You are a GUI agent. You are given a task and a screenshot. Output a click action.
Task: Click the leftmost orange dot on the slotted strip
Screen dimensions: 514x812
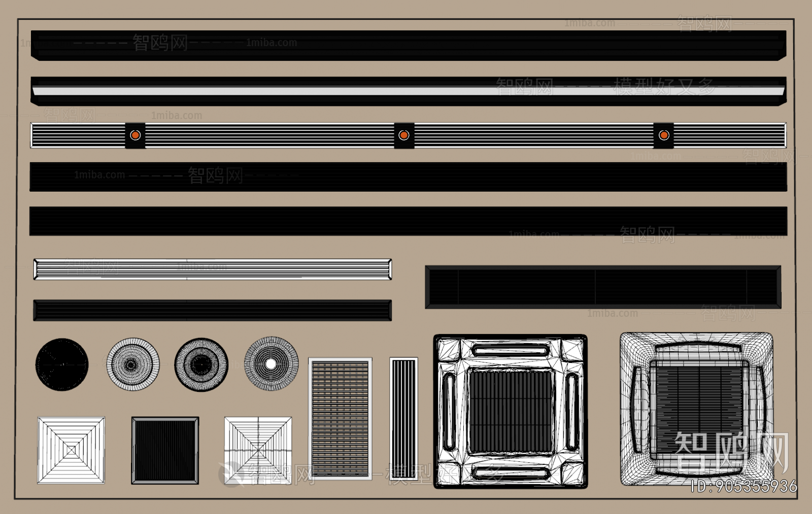click(x=135, y=135)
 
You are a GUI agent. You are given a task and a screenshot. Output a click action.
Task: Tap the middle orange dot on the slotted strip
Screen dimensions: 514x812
click(x=404, y=135)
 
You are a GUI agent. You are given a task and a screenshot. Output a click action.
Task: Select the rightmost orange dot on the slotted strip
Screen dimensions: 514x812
click(x=664, y=135)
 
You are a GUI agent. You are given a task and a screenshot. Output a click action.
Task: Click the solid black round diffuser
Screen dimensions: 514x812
click(x=62, y=364)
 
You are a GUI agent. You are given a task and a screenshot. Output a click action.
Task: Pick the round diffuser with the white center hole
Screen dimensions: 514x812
click(x=271, y=363)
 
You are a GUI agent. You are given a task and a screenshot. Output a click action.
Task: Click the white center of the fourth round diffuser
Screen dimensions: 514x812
click(x=271, y=363)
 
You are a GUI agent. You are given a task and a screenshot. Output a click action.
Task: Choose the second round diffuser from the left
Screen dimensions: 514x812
click(x=132, y=364)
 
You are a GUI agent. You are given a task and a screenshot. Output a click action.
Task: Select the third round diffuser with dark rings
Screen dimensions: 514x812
click(x=201, y=364)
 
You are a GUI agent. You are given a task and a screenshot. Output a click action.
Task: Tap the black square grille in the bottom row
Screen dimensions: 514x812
click(x=165, y=450)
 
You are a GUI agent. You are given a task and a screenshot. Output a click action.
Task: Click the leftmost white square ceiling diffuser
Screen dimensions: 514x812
click(x=71, y=450)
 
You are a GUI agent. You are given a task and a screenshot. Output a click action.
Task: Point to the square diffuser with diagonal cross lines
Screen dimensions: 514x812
click(x=258, y=450)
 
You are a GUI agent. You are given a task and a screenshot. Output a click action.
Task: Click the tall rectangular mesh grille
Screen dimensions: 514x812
click(x=340, y=418)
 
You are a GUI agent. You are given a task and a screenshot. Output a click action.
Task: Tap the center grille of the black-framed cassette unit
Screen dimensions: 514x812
click(x=510, y=411)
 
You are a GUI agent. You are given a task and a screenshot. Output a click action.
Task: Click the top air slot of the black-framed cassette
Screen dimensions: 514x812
click(x=510, y=349)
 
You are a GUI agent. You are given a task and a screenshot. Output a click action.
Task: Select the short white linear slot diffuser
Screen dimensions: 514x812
click(x=212, y=269)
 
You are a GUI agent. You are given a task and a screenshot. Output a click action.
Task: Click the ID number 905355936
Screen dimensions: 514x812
click(x=744, y=487)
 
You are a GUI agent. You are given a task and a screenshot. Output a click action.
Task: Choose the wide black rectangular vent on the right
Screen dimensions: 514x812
click(x=603, y=287)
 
